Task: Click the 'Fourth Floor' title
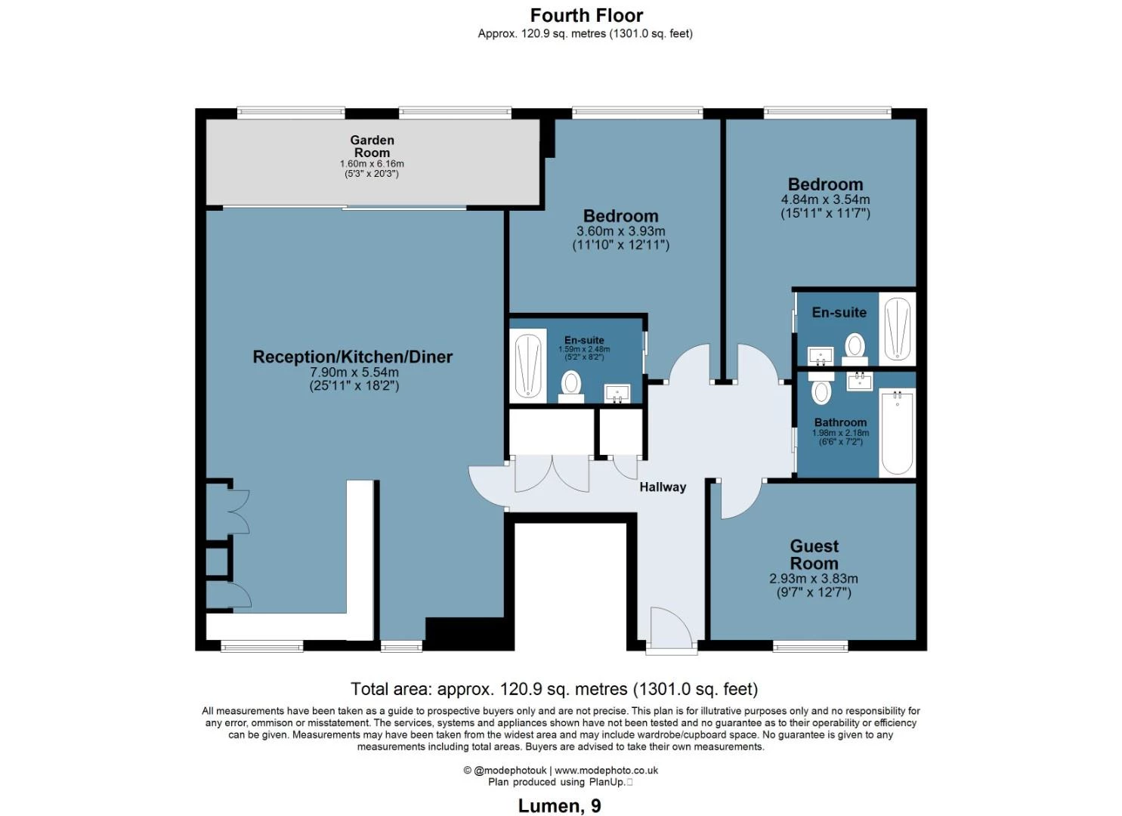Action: [x=586, y=16]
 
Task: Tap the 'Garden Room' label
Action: [x=372, y=147]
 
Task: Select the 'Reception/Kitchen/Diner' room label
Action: [x=353, y=357]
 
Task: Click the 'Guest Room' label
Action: [x=814, y=555]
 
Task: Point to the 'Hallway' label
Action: [x=663, y=487]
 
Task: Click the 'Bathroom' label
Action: [x=840, y=422]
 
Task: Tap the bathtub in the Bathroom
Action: [x=897, y=431]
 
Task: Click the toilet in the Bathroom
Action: [x=821, y=388]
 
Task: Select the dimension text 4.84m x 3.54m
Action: [x=826, y=199]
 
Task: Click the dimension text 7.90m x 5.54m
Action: [x=354, y=372]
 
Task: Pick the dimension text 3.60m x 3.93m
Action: [x=620, y=231]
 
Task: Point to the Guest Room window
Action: [x=811, y=647]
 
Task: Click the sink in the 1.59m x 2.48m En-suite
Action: [x=617, y=394]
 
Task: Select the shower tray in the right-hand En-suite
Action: [x=897, y=329]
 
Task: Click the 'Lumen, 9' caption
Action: [x=559, y=806]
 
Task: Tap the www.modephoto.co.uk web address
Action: [x=606, y=771]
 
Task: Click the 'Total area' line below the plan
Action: [x=554, y=689]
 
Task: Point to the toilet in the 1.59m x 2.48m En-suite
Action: [x=570, y=387]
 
